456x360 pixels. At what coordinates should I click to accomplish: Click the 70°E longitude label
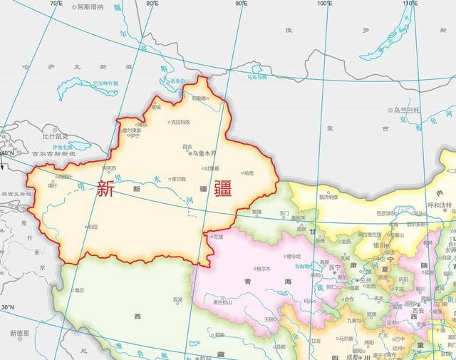(x=56, y=4)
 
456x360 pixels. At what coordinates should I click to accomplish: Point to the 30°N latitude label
(x=7, y=307)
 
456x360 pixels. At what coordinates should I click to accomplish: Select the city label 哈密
(x=248, y=173)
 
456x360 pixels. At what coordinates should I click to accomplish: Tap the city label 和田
(x=92, y=227)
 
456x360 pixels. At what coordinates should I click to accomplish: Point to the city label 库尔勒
(x=179, y=179)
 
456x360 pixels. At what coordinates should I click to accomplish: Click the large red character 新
(x=105, y=189)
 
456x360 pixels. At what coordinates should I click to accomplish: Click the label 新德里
(x=19, y=333)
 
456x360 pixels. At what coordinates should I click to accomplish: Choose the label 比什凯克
(x=55, y=135)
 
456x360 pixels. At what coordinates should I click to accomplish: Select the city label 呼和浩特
(x=439, y=205)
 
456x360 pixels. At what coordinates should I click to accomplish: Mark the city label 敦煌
(x=257, y=212)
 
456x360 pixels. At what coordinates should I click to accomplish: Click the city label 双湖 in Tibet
(x=177, y=299)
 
